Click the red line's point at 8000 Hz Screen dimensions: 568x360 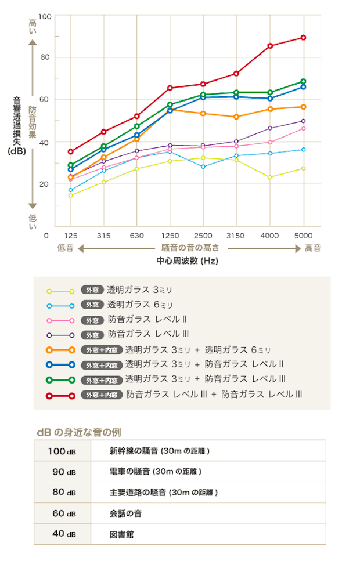click(x=303, y=38)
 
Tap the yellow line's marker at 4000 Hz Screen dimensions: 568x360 click(x=269, y=177)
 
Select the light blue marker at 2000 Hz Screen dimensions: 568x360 click(x=203, y=167)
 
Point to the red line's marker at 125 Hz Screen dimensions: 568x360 click(x=70, y=152)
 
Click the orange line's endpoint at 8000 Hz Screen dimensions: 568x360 click(x=303, y=107)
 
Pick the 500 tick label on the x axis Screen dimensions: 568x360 click(x=137, y=236)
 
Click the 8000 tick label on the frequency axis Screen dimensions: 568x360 click(x=303, y=236)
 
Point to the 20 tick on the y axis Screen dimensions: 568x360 click(x=45, y=184)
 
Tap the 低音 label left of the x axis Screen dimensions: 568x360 click(x=66, y=248)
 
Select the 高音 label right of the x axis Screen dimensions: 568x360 click(x=313, y=248)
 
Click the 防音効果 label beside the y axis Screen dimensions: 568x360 click(x=33, y=122)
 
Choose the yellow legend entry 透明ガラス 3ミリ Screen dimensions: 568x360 click(x=140, y=290)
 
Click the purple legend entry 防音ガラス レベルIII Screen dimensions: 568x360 click(x=148, y=334)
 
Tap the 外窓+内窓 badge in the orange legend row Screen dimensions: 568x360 click(x=100, y=350)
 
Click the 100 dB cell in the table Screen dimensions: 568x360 click(x=62, y=451)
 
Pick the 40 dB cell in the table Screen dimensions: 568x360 click(x=62, y=534)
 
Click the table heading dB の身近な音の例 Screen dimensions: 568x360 click(x=78, y=432)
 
